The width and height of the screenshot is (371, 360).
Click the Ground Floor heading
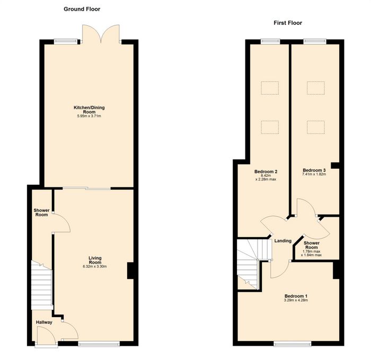(82, 9)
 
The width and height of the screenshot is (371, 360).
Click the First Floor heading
(288, 23)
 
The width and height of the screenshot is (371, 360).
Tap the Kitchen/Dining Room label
(89, 110)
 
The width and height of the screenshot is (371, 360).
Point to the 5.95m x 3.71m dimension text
(89, 116)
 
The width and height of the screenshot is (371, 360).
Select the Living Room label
(95, 260)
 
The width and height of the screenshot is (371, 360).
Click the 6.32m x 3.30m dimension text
(95, 266)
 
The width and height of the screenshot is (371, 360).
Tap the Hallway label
(44, 322)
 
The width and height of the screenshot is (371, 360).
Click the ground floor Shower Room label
(41, 212)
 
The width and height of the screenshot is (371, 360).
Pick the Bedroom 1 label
(296, 296)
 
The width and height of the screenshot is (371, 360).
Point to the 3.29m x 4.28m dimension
(296, 300)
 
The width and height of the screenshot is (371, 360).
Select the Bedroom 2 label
(266, 172)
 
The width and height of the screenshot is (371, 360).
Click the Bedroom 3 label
(314, 170)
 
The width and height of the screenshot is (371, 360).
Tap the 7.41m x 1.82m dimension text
(314, 175)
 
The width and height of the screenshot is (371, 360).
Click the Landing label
(282, 241)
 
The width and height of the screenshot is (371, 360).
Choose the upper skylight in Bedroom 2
(270, 88)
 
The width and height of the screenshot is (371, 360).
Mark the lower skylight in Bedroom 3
(316, 128)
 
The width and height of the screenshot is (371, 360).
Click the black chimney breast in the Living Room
(130, 271)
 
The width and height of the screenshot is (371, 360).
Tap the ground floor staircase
(42, 285)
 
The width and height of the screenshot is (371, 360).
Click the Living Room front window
(99, 344)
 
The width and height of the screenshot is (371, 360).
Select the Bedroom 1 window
(293, 344)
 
